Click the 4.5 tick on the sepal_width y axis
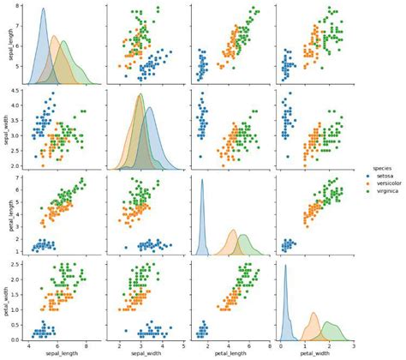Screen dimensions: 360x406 (15, 90)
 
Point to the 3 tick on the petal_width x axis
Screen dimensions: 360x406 (353, 345)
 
